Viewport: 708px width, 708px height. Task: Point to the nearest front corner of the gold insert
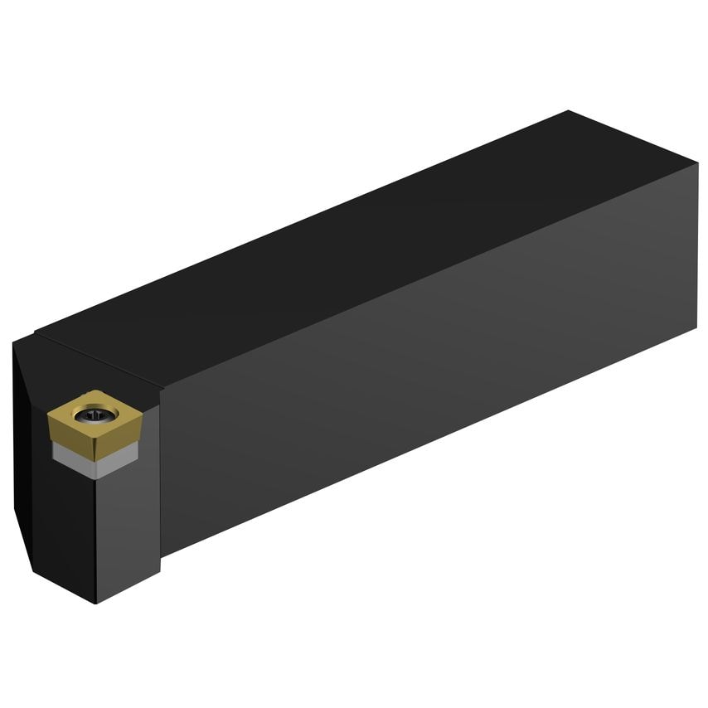(95, 442)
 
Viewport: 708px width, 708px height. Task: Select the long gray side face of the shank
(431, 356)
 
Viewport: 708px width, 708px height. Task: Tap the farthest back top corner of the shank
(569, 111)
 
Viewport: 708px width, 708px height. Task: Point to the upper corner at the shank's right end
(697, 163)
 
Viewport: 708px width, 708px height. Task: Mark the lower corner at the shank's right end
(695, 328)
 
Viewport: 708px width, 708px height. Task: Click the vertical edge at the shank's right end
(696, 249)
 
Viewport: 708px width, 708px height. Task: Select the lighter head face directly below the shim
(124, 531)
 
